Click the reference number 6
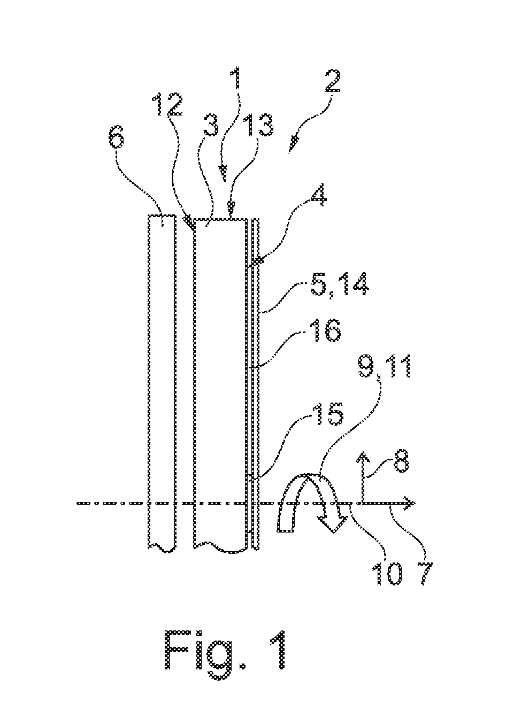pyautogui.click(x=117, y=138)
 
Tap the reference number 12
pyautogui.click(x=168, y=104)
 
